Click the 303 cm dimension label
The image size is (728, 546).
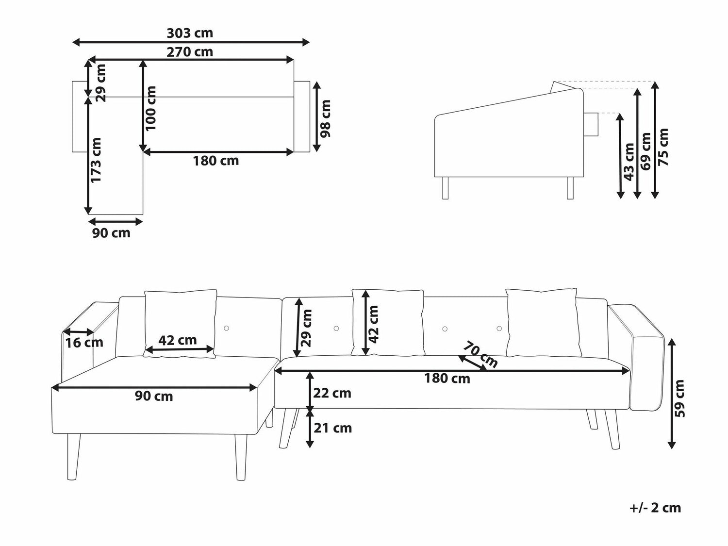point(189,33)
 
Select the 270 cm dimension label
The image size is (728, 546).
point(189,52)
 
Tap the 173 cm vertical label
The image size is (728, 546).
point(96,160)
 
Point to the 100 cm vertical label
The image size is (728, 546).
point(150,108)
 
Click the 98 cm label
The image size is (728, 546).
point(325,118)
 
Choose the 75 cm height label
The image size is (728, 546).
point(663,147)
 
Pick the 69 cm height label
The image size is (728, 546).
point(645,151)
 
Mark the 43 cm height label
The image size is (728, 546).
point(629,162)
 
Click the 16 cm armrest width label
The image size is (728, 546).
point(84,343)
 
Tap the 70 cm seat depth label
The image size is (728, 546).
point(480,354)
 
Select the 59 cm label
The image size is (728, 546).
point(679,398)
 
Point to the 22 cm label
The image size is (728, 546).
point(332,393)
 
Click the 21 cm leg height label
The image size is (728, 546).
point(332,428)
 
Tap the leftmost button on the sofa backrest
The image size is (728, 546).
point(227,328)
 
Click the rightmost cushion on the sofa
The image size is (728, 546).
point(544,323)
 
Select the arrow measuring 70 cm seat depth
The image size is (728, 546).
point(472,364)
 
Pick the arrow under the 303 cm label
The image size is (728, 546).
point(191,42)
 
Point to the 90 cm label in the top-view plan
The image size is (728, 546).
point(111,233)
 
